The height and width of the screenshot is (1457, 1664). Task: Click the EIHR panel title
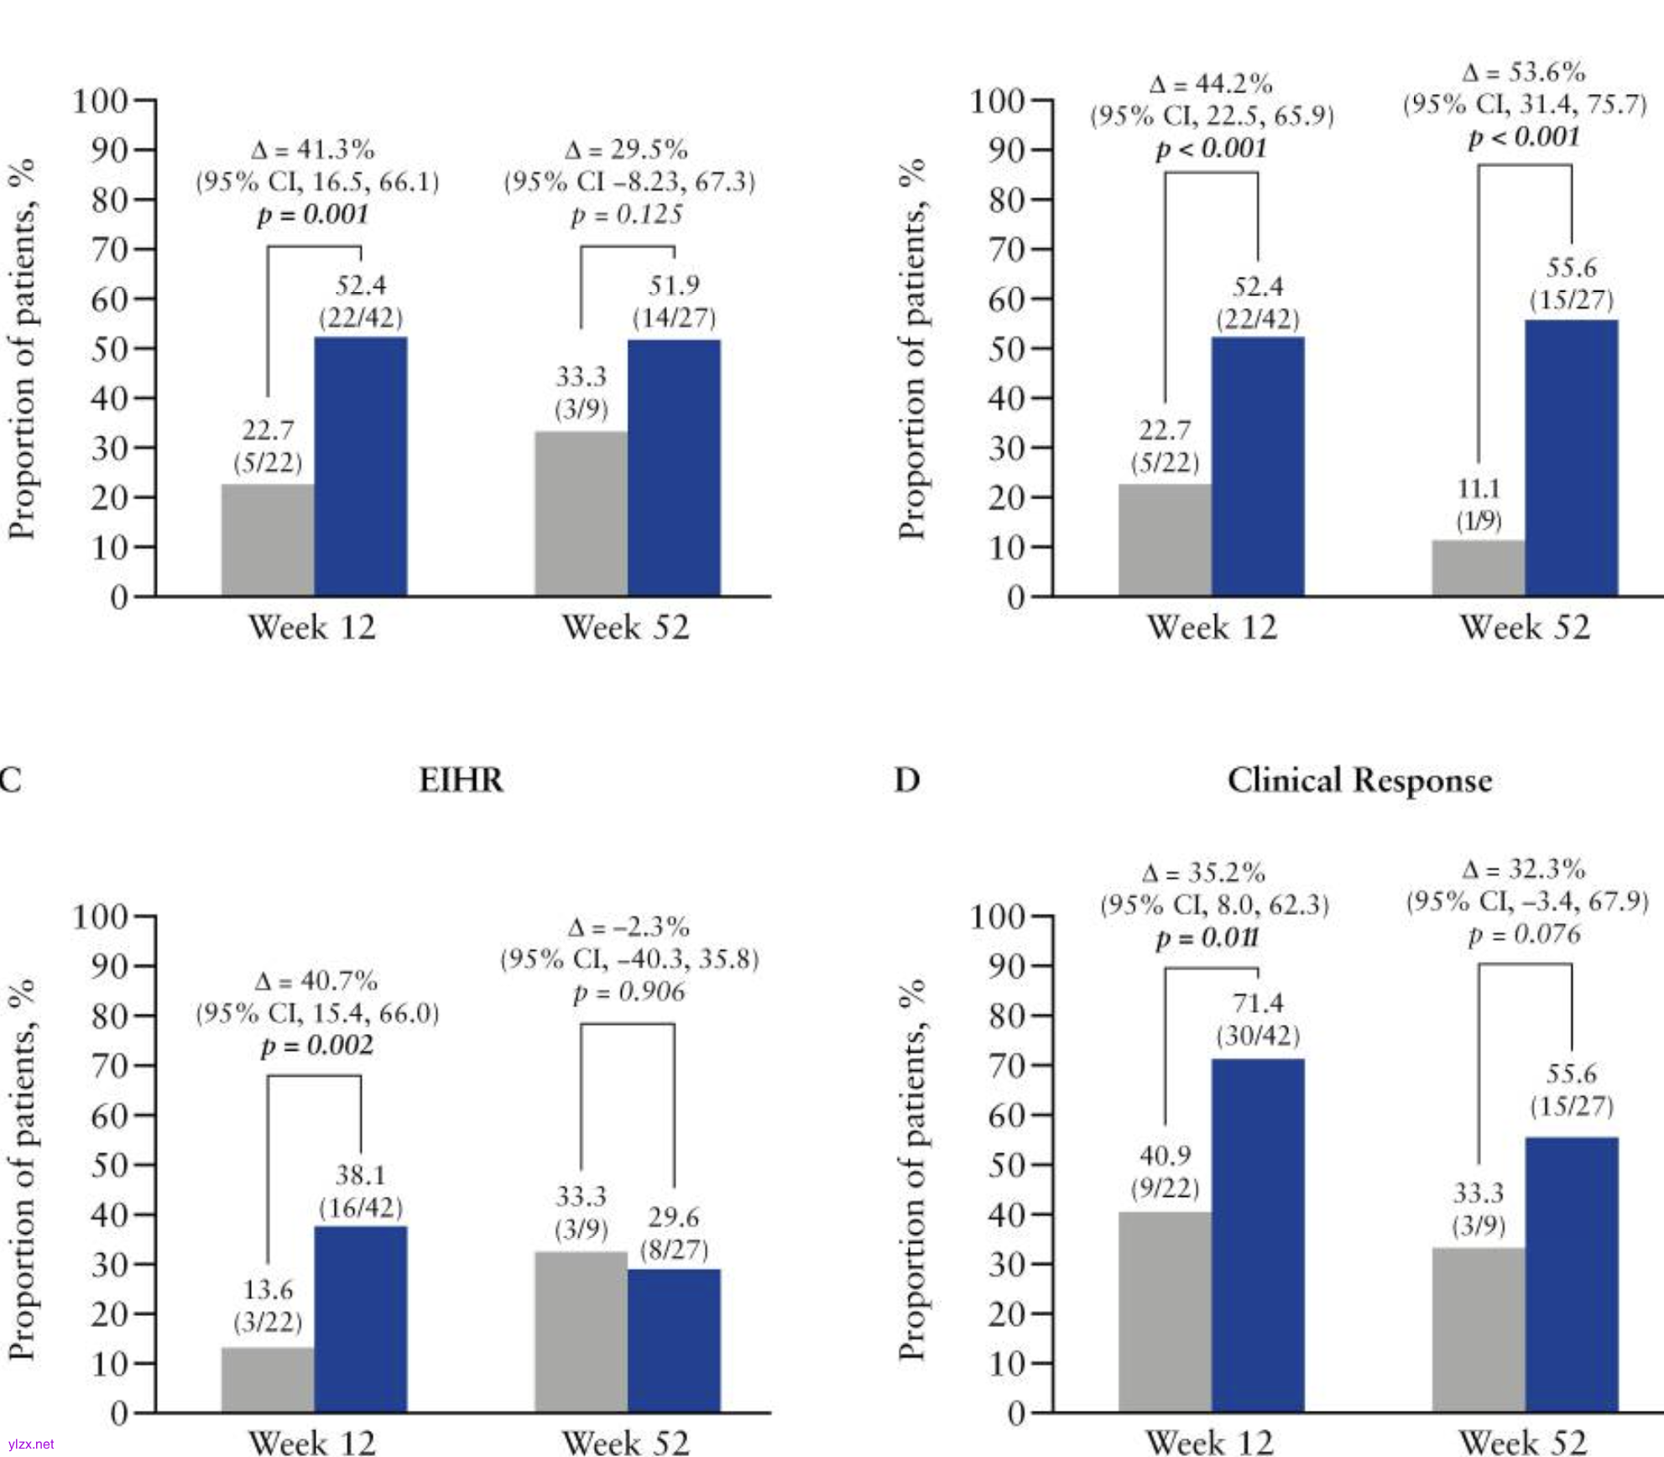[461, 781]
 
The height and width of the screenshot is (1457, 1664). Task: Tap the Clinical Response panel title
[1359, 781]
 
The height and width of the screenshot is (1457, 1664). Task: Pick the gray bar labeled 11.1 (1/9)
[1478, 568]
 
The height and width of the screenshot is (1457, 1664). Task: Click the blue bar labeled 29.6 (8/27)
[674, 1340]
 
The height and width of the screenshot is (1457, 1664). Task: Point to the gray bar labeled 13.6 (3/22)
[268, 1380]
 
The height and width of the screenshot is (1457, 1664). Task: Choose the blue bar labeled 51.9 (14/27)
[674, 467]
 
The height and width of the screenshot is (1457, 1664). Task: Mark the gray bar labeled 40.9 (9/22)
[1165, 1312]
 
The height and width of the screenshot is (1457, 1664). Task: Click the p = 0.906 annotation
[629, 992]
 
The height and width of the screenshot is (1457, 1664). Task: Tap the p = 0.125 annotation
[627, 215]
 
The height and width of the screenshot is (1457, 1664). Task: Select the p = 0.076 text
[1524, 934]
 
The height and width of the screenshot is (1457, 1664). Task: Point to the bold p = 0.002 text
[316, 1046]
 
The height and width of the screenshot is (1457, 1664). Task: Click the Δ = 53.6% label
[1524, 72]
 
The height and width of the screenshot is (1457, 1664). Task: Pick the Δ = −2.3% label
[629, 927]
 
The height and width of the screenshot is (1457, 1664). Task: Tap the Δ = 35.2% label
[1204, 873]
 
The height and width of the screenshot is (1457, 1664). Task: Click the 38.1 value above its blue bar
[361, 1175]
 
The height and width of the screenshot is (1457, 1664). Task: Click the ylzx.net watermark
[30, 1444]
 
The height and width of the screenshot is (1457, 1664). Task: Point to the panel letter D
[907, 781]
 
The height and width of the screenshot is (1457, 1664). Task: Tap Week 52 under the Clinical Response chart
[1523, 1443]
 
